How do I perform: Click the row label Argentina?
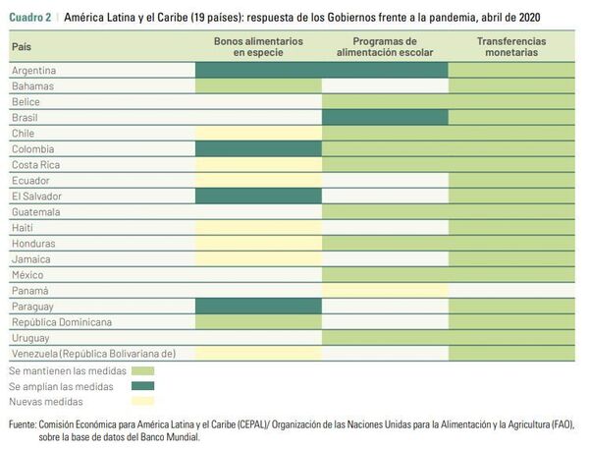click(x=33, y=71)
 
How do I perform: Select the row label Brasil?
click(x=25, y=117)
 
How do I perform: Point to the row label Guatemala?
click(x=37, y=211)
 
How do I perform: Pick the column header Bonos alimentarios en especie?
click(x=259, y=47)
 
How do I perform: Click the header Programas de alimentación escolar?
click(x=385, y=47)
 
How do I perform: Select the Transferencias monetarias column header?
click(x=512, y=47)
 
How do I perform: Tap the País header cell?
click(x=22, y=47)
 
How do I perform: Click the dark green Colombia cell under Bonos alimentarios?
click(x=259, y=148)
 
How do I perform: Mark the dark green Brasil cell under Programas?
click(x=385, y=117)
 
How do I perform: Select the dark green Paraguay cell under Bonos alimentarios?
click(x=259, y=306)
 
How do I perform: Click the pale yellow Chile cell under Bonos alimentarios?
click(x=259, y=133)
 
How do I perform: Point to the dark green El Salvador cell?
click(x=259, y=196)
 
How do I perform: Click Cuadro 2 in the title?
click(x=30, y=20)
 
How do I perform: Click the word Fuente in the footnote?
click(x=22, y=424)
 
